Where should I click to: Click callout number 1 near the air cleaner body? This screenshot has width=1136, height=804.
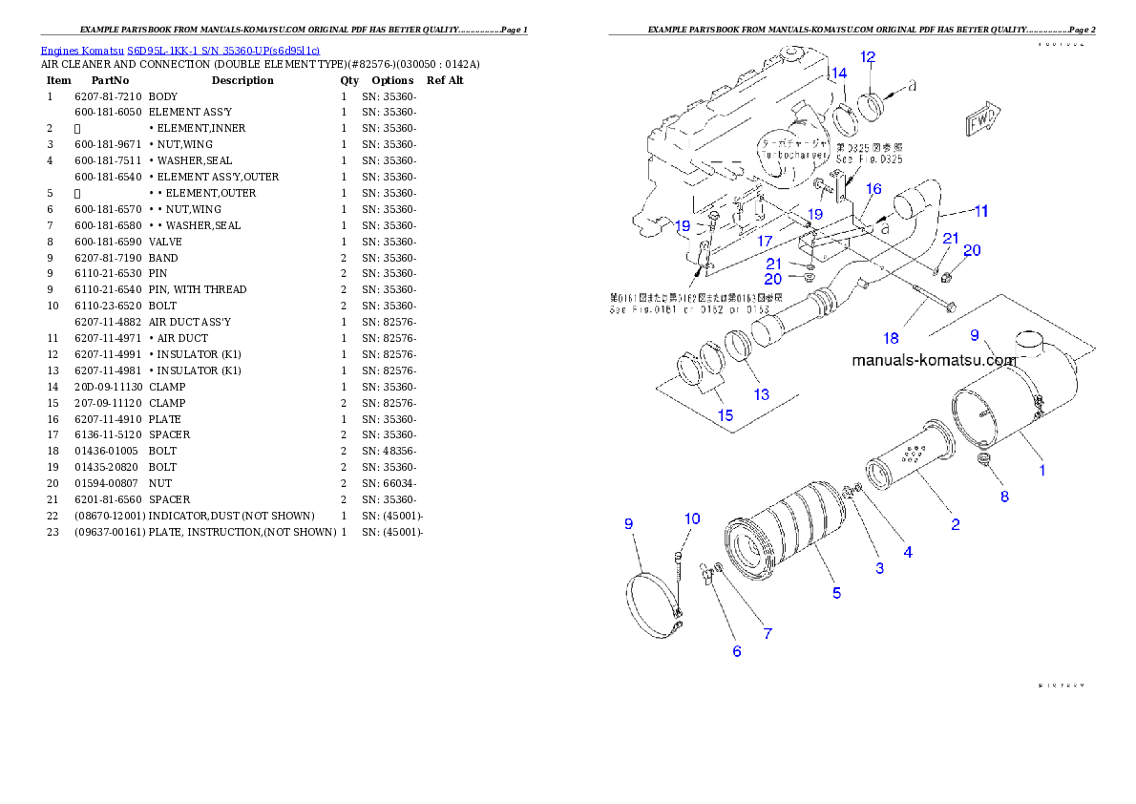(x=1041, y=470)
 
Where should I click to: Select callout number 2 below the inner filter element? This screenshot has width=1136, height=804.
(x=955, y=523)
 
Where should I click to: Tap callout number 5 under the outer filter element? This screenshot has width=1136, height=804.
(x=836, y=593)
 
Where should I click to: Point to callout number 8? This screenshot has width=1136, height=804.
(x=1004, y=497)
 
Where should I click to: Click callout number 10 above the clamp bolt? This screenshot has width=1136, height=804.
(x=691, y=518)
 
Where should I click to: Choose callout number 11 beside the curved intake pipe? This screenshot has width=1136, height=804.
(x=980, y=210)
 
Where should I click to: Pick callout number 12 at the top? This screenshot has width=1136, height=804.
(x=868, y=57)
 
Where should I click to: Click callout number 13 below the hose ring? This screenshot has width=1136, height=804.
(x=761, y=395)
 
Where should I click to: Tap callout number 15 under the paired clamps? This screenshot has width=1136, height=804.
(x=726, y=415)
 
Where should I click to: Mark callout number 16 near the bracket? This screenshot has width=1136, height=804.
(x=873, y=189)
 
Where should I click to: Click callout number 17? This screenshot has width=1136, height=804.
(x=765, y=242)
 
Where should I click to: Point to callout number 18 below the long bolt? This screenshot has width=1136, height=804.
(x=891, y=338)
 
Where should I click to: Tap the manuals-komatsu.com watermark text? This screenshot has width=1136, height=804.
(x=934, y=361)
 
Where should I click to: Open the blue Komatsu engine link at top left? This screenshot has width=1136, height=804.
(x=179, y=50)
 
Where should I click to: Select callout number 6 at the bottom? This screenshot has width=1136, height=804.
(x=736, y=651)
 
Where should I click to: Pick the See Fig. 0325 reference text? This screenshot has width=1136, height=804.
(x=870, y=159)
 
